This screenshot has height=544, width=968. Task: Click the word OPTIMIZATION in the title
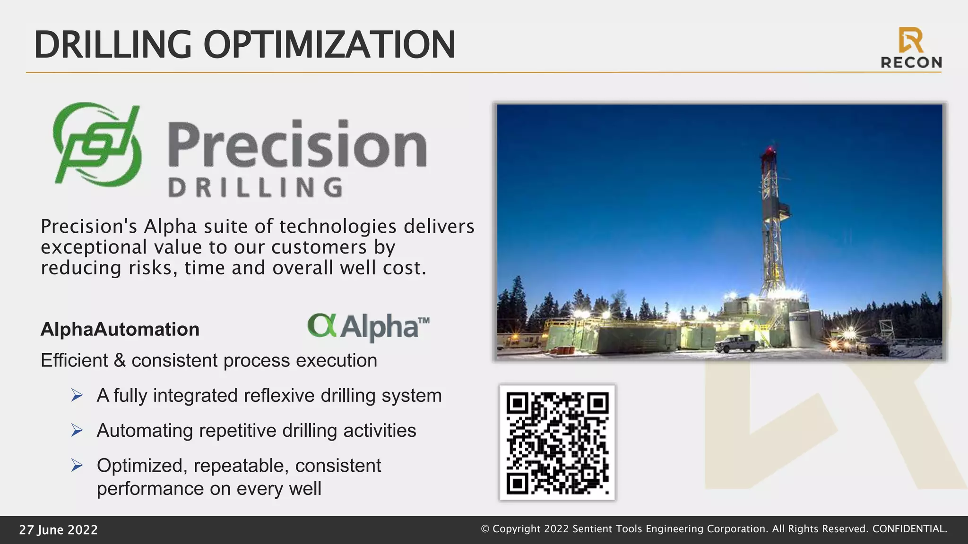[329, 45]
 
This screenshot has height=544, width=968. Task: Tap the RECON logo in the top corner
[911, 48]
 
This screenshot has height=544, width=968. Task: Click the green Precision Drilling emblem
[97, 144]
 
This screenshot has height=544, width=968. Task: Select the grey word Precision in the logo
[297, 144]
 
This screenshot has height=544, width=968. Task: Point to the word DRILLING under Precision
[255, 187]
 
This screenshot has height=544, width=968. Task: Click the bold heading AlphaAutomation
[120, 329]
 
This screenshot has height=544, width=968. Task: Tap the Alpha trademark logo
[369, 326]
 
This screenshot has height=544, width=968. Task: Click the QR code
[557, 442]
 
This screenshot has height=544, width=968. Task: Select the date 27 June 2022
[58, 530]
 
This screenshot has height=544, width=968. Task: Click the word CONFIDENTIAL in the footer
[909, 529]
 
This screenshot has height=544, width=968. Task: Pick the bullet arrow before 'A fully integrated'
[77, 395]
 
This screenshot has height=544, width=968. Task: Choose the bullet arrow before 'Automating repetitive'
[77, 430]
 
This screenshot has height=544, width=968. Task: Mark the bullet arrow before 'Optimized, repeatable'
[77, 465]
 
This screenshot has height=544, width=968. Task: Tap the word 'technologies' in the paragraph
[337, 227]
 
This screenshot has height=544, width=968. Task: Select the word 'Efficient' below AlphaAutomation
[74, 360]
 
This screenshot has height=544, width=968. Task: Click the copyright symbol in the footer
[485, 529]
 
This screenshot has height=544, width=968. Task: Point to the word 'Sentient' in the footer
[589, 529]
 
